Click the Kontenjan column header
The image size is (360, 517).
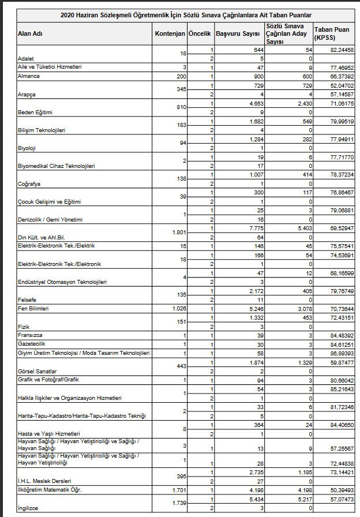170,33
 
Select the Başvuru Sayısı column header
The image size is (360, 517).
239,33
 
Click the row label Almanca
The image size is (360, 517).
28,76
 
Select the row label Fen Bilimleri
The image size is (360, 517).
33,309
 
